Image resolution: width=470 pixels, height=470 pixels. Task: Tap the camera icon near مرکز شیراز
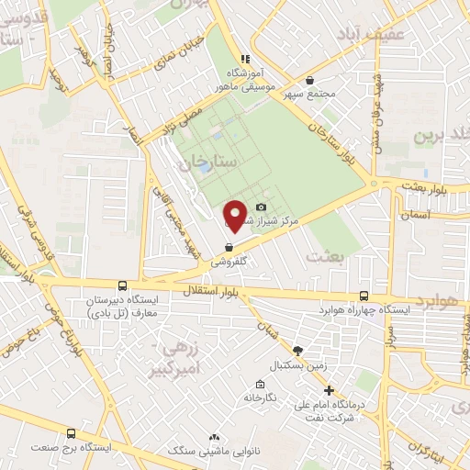click(262, 208)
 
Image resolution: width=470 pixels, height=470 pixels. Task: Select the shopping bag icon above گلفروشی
click(229, 246)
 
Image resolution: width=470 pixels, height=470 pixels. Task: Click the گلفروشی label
click(229, 262)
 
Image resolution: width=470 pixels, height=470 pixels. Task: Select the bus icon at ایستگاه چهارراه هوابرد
click(365, 296)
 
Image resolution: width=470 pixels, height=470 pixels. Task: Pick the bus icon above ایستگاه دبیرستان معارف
click(122, 285)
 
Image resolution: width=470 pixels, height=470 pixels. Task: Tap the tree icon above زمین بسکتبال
click(297, 350)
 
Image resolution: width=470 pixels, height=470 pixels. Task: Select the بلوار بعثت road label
click(431, 185)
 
